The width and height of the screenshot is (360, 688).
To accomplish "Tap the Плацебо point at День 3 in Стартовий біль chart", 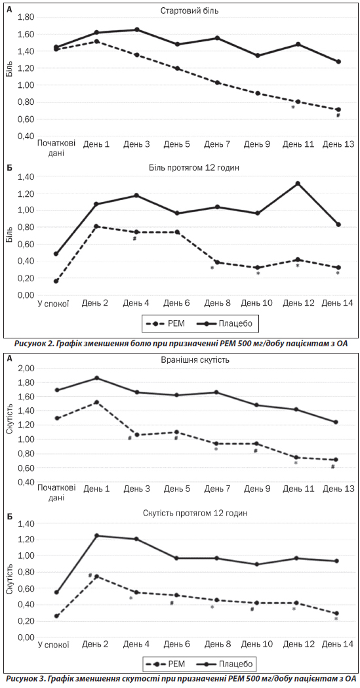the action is [137, 30].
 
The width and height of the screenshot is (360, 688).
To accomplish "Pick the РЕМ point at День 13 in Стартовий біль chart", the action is [338, 110].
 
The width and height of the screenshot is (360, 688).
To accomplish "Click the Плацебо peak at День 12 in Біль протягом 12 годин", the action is [298, 184].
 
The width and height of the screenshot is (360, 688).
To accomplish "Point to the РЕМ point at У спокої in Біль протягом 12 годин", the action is [56, 281].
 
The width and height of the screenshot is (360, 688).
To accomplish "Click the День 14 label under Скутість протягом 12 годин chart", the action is [338, 632].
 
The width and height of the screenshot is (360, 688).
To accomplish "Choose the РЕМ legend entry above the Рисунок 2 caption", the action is [168, 324].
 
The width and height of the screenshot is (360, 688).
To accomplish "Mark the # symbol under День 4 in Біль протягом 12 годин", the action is [134, 238].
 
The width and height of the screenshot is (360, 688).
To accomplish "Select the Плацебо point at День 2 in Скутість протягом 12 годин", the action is [96, 536].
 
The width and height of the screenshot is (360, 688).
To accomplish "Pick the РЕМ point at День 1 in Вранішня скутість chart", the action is [96, 402].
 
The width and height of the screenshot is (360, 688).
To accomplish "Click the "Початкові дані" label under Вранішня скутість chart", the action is [56, 493].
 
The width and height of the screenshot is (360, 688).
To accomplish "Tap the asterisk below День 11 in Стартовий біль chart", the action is [292, 107].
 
